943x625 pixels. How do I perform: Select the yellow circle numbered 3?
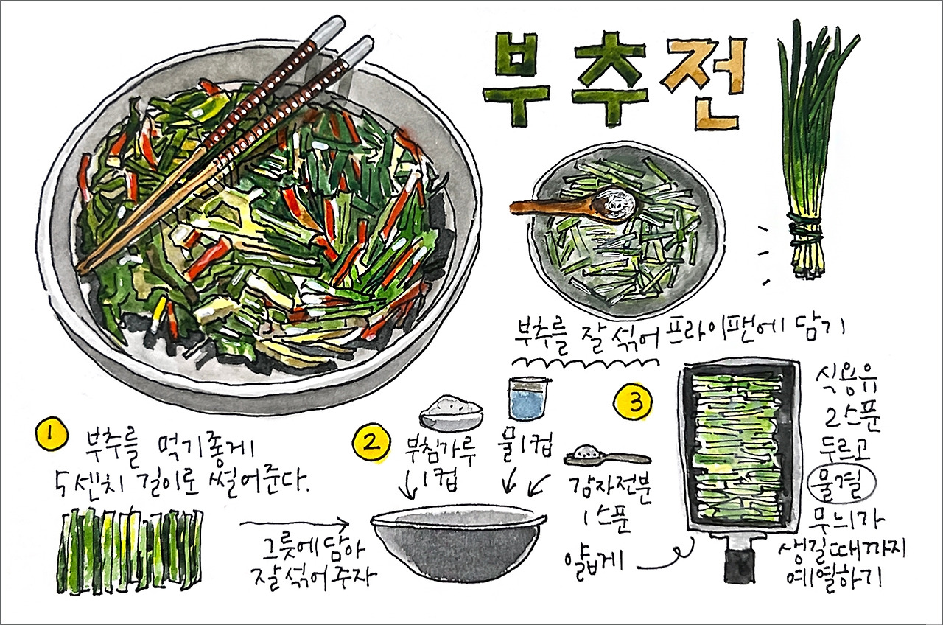634,402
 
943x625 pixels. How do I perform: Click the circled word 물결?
840,484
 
